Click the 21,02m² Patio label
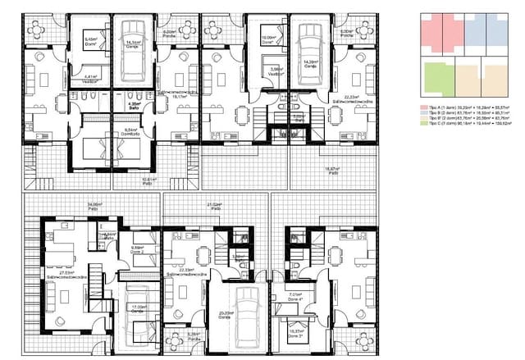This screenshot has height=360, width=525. pos(216,206)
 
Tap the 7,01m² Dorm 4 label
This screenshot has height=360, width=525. pos(297,297)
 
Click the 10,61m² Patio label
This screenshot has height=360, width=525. pos(148,180)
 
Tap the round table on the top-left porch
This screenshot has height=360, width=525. pos(36,30)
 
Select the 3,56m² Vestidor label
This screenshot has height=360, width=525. pos(277,71)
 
